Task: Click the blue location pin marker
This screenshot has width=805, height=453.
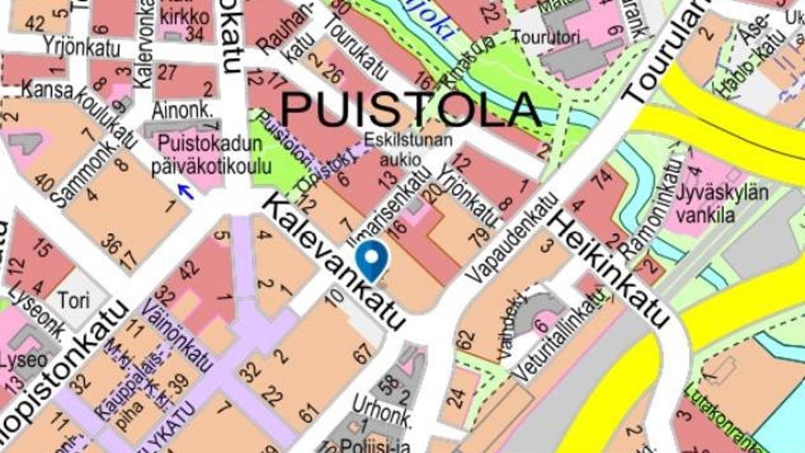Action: [371, 258]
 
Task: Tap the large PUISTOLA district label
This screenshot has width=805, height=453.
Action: [411, 109]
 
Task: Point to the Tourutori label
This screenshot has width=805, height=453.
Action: [539, 37]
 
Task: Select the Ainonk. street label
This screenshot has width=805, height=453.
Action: [182, 111]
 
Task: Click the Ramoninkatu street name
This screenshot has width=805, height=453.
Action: [649, 206]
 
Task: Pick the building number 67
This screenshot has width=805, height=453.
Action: [362, 353]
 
